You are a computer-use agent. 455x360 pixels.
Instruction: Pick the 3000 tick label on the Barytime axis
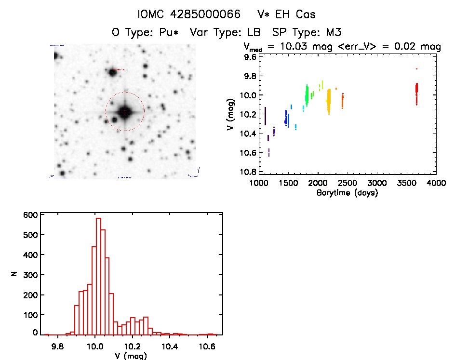coord(377,183)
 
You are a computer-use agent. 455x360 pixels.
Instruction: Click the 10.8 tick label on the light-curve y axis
coord(249,172)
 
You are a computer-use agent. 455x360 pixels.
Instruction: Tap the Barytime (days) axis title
coord(347,193)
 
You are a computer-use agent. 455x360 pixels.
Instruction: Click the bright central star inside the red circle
coord(125,112)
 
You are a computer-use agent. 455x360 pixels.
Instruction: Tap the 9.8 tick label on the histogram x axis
coord(58,346)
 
